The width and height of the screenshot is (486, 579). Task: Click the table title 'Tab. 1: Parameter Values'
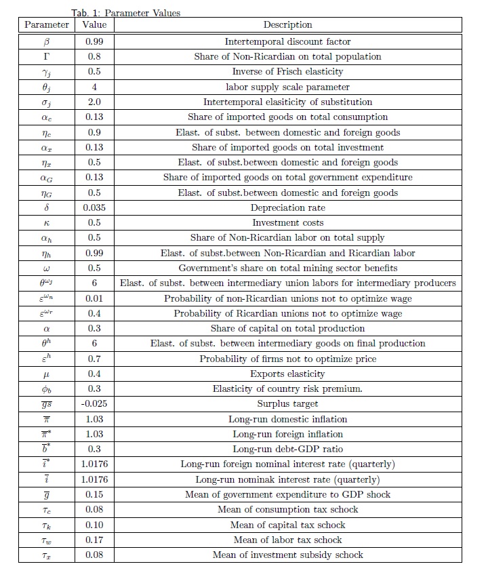(125, 13)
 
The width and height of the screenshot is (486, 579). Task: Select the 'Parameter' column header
(47, 25)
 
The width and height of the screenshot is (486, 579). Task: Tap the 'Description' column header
(287, 25)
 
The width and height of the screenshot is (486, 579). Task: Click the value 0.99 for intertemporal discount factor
(94, 41)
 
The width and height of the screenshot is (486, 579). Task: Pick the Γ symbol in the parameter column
(47, 56)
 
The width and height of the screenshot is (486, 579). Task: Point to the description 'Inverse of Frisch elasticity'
(287, 71)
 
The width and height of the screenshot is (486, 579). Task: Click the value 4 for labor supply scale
(94, 87)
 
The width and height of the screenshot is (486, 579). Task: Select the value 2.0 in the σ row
(94, 102)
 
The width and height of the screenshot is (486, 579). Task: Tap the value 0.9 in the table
(94, 132)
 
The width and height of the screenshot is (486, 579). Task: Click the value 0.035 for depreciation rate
(94, 207)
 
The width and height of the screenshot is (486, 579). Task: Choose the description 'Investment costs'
(287, 222)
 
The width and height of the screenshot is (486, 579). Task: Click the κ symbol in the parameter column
(47, 222)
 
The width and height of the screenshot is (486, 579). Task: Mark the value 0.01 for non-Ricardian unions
(94, 298)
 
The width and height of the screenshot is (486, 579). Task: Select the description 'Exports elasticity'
(287, 374)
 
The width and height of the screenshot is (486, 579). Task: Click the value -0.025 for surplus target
(94, 404)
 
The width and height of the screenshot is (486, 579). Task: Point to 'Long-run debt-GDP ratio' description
(287, 450)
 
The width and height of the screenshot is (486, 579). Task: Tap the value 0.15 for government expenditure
(94, 494)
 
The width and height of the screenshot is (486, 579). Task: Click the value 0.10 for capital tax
(94, 525)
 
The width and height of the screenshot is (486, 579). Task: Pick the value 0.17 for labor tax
(94, 540)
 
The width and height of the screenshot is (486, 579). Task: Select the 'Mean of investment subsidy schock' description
(287, 555)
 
